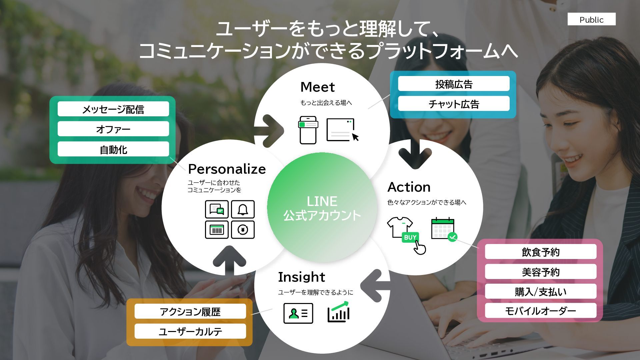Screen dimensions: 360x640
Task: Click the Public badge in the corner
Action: (x=591, y=19)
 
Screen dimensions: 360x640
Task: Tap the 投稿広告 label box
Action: (x=454, y=84)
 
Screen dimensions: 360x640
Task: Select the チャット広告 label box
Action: (x=454, y=104)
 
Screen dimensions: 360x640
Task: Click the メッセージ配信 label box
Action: (x=113, y=109)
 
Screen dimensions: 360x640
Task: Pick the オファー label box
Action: (x=113, y=129)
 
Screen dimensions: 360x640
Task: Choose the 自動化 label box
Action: (x=113, y=149)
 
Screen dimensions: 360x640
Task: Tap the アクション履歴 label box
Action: (x=190, y=311)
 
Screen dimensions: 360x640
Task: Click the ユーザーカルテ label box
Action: (x=190, y=331)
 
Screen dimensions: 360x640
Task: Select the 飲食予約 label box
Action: (x=540, y=252)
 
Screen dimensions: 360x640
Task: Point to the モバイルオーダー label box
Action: (x=540, y=311)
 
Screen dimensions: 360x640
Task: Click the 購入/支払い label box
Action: (x=540, y=291)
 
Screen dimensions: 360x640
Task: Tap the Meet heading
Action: (x=317, y=87)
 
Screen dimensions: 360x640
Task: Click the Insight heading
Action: (x=301, y=277)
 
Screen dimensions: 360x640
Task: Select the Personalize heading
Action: (x=227, y=169)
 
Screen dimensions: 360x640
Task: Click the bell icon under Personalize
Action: (x=243, y=209)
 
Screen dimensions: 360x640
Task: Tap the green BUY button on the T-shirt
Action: (x=410, y=237)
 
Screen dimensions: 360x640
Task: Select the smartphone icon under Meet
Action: (x=308, y=130)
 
